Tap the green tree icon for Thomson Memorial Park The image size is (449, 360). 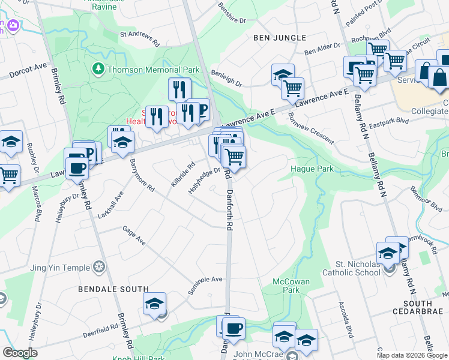click(98, 69)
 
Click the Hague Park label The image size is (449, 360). click(312, 169)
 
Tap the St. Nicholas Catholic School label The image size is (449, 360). click(358, 268)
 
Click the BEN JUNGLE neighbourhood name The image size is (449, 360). click(276, 38)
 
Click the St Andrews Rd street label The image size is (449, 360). click(139, 40)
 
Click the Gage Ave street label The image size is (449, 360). click(134, 235)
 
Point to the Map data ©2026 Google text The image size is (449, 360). click(412, 355)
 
